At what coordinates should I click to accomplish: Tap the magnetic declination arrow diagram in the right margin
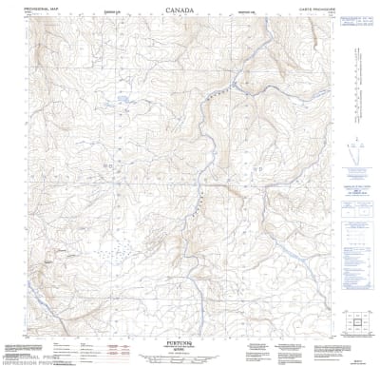358,148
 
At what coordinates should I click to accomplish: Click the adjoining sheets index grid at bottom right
357,324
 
